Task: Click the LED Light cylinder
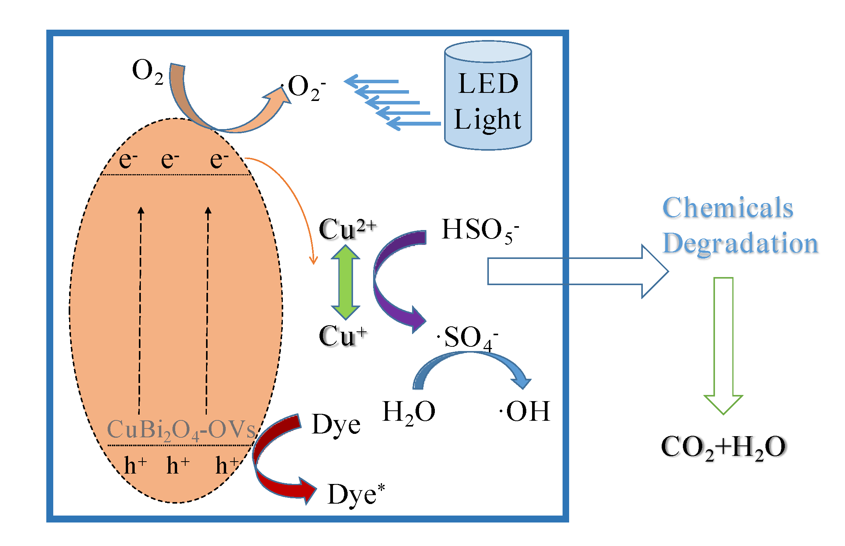pyautogui.click(x=488, y=96)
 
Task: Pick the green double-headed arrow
pyautogui.click(x=346, y=282)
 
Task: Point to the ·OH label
pyautogui.click(x=525, y=412)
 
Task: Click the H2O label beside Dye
pyautogui.click(x=409, y=412)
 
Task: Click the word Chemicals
pyautogui.click(x=728, y=208)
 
